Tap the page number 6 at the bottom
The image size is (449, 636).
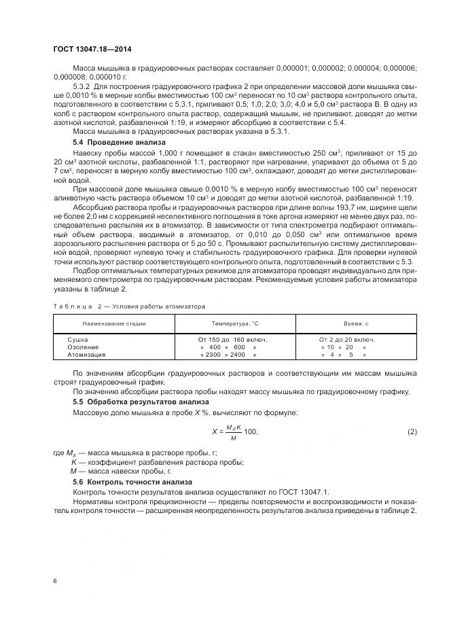point(54,581)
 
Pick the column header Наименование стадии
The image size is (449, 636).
point(114,324)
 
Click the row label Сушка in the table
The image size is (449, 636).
point(77,338)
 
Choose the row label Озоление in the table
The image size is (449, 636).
point(82,347)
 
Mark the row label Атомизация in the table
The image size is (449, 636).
point(86,355)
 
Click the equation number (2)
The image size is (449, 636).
point(411,432)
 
